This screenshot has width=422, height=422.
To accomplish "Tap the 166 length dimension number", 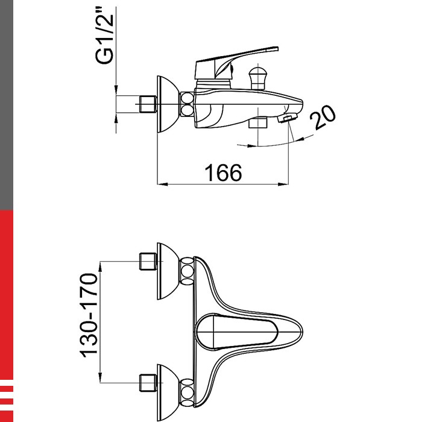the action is point(223,172).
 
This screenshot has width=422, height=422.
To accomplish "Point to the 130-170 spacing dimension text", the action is point(89,315).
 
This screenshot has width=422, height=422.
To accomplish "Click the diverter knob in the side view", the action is point(258,78).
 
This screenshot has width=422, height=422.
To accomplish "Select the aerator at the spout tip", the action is point(288,118).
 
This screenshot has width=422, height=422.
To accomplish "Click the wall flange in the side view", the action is point(168,104).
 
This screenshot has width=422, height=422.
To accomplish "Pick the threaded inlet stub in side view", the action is point(148,104).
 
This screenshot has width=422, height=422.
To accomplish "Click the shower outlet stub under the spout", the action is point(258,122).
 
